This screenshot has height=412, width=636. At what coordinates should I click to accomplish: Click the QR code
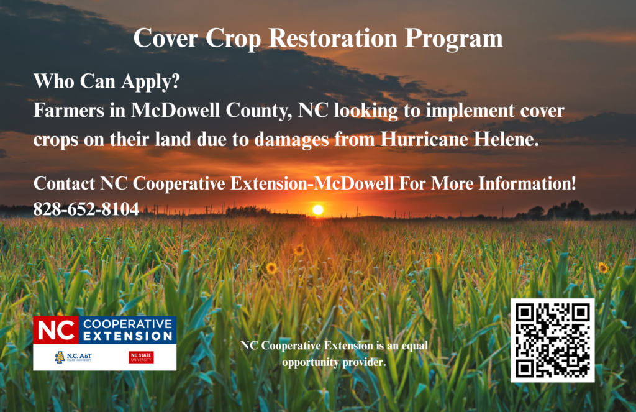[552, 341]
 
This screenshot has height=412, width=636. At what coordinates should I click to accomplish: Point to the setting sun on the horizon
[318, 209]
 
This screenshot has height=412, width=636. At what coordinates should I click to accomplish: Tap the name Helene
[506, 139]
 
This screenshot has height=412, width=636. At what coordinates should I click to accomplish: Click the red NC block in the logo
[56, 330]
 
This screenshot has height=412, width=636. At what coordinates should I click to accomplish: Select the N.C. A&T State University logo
[73, 357]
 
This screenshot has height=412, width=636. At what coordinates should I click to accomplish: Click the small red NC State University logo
[141, 357]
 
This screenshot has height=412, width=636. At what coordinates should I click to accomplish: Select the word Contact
[64, 184]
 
